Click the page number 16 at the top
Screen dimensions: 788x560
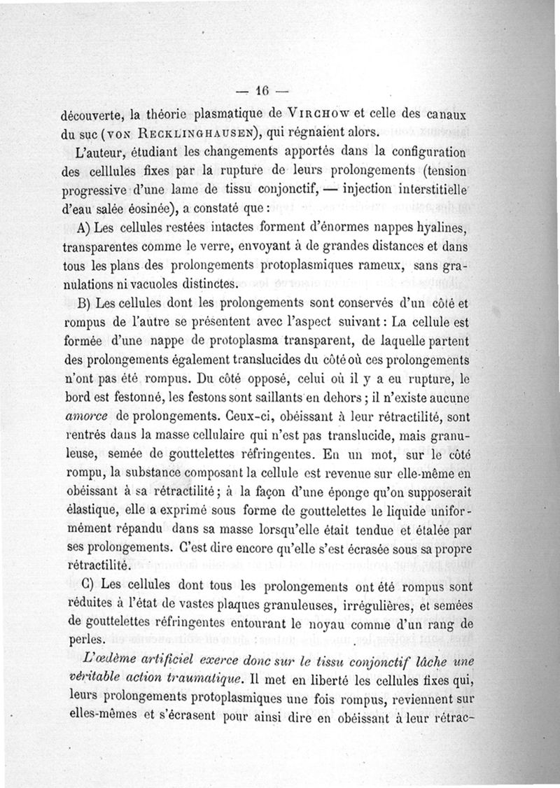coord(262,90)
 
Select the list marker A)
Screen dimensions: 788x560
coord(88,229)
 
